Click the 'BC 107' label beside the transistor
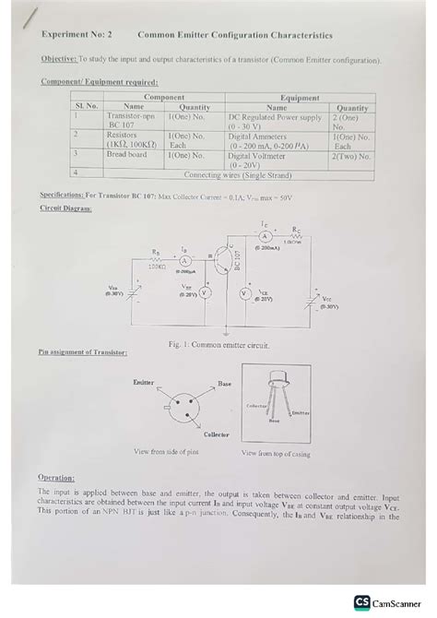(x=237, y=260)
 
